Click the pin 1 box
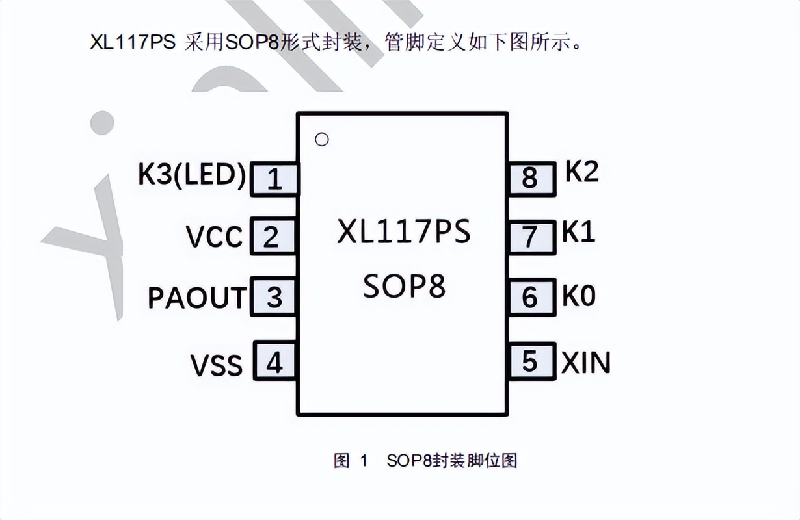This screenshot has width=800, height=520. point(275,179)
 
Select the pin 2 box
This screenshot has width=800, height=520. point(273,237)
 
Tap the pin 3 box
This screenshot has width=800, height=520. point(274,297)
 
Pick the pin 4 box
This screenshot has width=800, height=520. point(274,362)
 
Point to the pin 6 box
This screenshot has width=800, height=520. point(531,297)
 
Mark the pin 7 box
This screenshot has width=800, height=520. point(531,237)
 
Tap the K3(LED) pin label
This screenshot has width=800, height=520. point(192,176)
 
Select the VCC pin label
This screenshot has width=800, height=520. point(214,237)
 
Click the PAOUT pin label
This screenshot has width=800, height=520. point(197,298)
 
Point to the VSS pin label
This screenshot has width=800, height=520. point(217,365)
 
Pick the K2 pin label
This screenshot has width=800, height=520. point(581,172)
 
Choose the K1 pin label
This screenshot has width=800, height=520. point(579,232)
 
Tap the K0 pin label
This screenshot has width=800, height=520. point(579,296)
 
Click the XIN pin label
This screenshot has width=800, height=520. point(586,362)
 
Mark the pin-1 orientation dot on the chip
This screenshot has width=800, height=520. point(321,139)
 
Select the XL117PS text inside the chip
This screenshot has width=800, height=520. point(403,232)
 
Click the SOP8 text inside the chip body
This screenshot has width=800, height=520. point(404,286)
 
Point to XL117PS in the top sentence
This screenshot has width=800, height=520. point(133,43)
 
